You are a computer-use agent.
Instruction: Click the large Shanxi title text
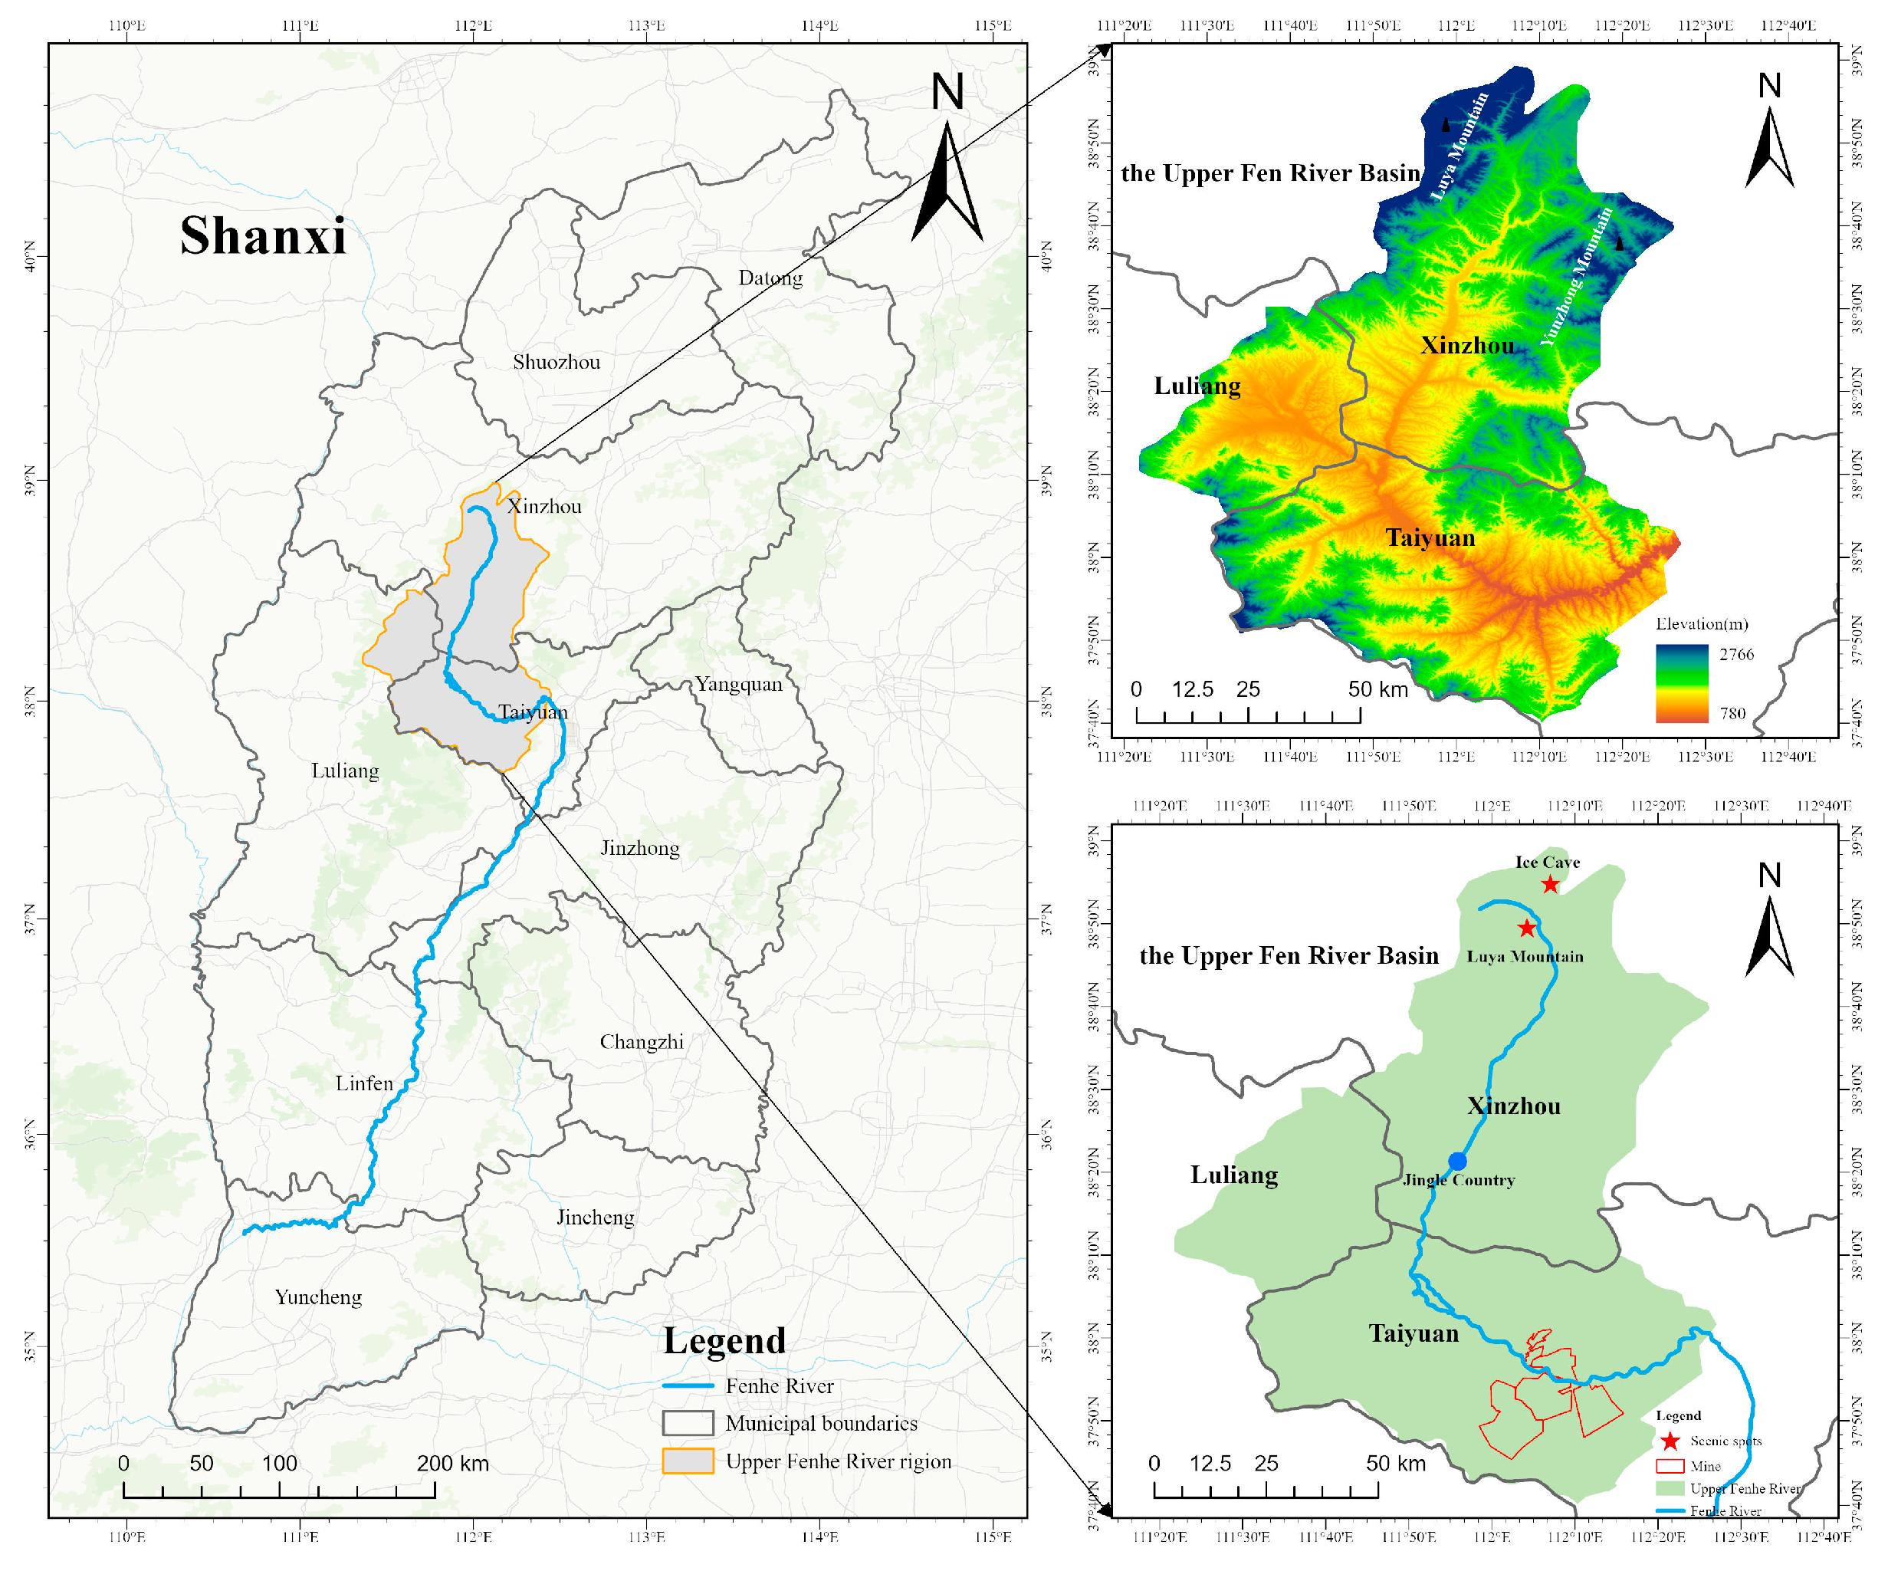262,235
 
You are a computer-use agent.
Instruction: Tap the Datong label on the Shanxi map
770,278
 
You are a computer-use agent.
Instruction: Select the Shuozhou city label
556,363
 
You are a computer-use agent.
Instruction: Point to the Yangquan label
738,685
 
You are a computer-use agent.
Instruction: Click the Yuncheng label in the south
318,1297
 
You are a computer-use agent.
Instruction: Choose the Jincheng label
595,1218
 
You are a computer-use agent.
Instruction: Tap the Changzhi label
641,1042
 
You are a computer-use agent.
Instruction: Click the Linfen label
364,1083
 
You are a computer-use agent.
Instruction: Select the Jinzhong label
639,848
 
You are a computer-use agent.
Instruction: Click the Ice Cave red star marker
1550,885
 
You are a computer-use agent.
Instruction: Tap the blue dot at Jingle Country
1457,1162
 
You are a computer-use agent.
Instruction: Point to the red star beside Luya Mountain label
1527,928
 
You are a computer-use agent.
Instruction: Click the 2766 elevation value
1736,655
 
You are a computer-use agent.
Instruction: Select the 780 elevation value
1732,714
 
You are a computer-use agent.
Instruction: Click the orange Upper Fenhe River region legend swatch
688,1461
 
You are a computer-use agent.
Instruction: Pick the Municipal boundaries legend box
688,1424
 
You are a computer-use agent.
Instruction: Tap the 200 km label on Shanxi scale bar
452,1464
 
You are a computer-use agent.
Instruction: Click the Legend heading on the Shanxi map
724,1341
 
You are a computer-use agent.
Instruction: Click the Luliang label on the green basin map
1233,1175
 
